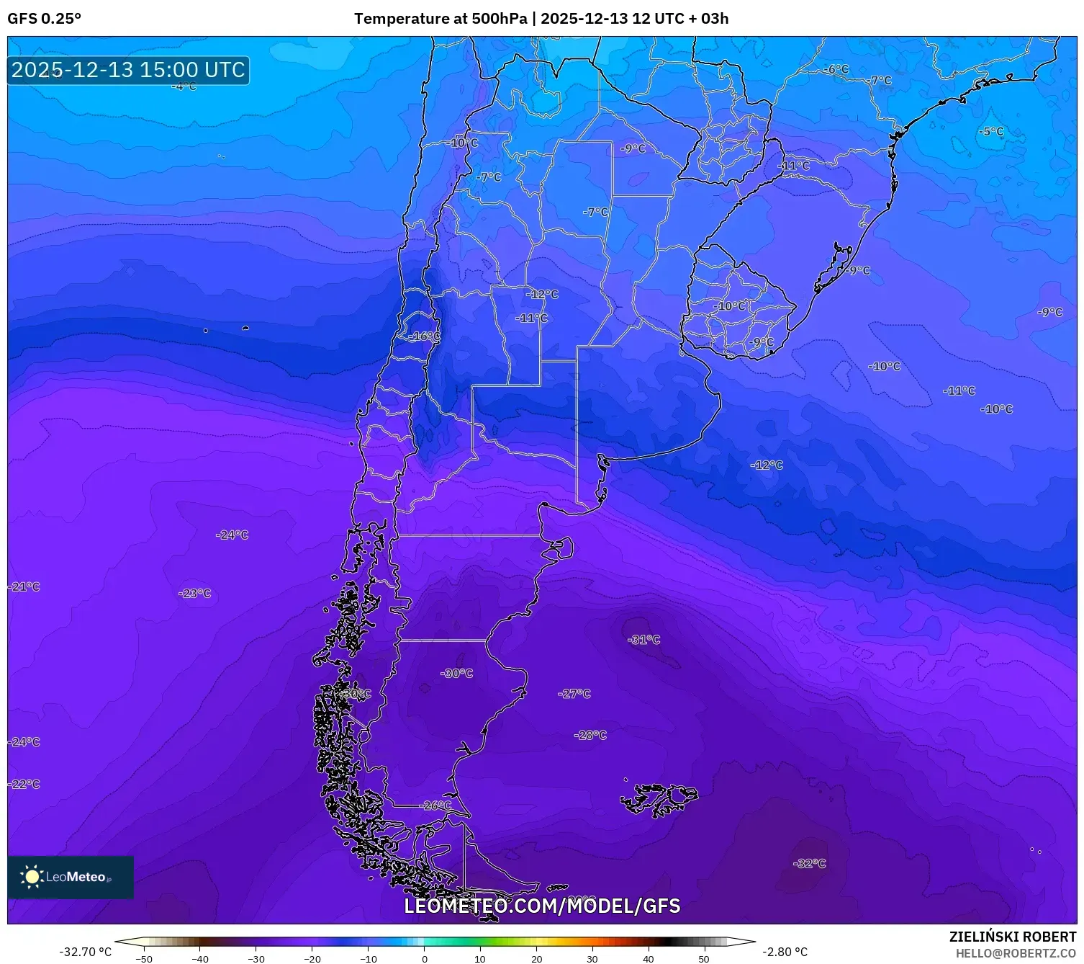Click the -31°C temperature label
643,640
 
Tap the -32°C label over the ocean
809,863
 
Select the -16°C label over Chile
424,336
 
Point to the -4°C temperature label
184,86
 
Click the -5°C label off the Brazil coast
991,131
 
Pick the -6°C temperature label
836,69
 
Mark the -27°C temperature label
574,694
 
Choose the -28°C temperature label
590,735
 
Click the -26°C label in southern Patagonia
436,805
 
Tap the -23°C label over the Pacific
195,594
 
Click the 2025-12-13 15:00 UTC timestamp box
128,70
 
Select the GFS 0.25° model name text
45,19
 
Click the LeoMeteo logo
70,877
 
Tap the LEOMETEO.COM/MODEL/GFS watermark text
542,906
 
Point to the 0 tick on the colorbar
424,958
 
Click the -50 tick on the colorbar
145,958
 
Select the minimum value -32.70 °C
85,952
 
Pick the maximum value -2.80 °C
785,952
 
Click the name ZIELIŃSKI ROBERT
1012,937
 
